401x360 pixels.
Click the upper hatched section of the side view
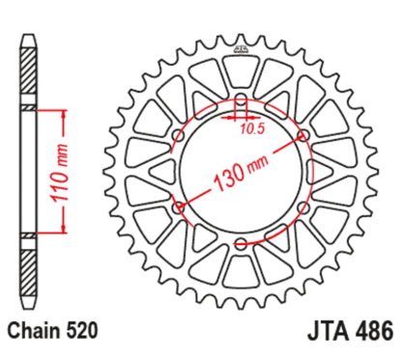pos(28,72)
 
